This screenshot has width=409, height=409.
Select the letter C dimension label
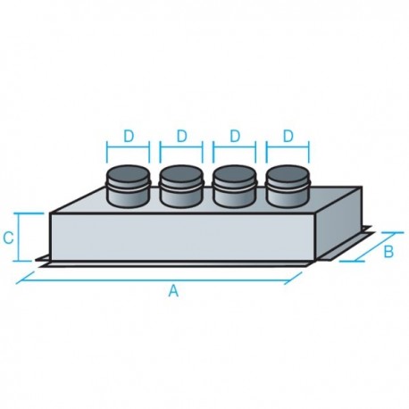(x=8, y=238)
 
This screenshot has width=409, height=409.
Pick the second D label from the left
(x=182, y=136)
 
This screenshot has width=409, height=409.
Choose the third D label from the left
(x=236, y=136)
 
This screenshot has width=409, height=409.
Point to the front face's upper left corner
(x=51, y=213)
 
